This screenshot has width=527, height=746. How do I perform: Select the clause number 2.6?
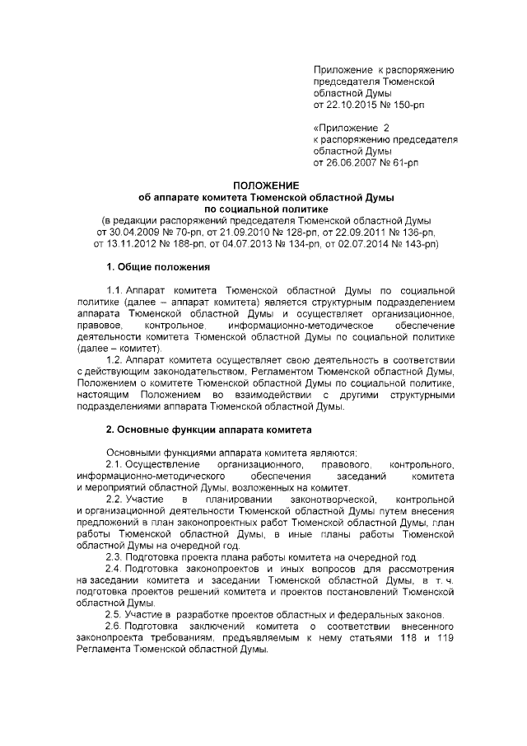point(115,627)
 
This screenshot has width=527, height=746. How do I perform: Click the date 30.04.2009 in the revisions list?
point(125,232)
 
